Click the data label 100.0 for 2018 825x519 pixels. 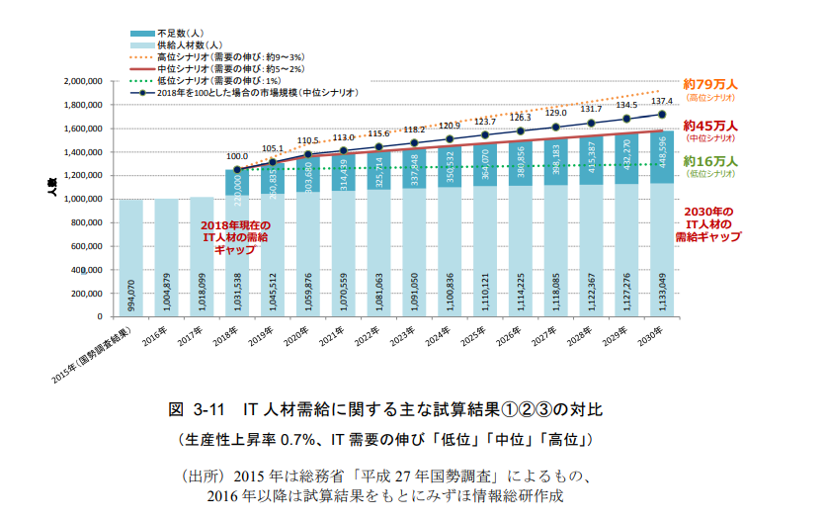click(x=237, y=156)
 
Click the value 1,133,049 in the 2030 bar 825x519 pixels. click(x=662, y=288)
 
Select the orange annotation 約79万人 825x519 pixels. click(x=711, y=85)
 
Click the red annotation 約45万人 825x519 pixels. click(x=711, y=127)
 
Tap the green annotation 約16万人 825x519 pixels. click(x=711, y=161)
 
